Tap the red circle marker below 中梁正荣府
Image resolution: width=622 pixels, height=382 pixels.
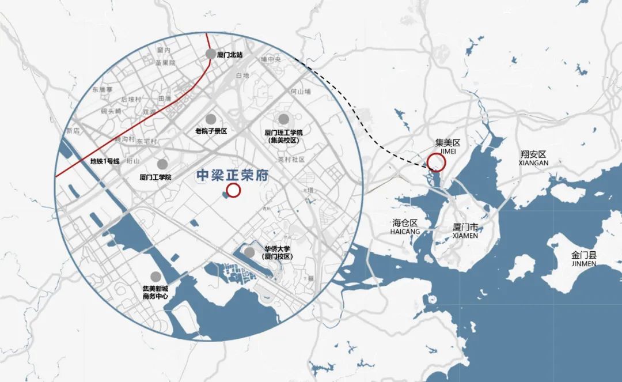(234, 191)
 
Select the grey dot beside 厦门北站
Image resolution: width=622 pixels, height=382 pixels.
(211, 54)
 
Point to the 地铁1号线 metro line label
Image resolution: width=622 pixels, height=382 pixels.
(105, 161)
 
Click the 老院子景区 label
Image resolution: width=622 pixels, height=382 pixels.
(211, 131)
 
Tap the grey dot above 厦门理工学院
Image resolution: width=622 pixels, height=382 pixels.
(283, 119)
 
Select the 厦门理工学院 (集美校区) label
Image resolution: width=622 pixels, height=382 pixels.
(283, 136)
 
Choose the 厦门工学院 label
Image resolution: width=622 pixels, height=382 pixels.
(155, 177)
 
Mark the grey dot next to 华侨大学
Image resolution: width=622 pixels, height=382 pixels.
(249, 252)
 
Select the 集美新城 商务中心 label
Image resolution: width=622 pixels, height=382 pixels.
(155, 292)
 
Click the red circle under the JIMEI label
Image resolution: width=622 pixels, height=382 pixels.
(437, 163)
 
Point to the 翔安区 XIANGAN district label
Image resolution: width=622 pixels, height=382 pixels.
(533, 158)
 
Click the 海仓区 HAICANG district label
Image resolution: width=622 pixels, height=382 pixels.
(405, 226)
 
